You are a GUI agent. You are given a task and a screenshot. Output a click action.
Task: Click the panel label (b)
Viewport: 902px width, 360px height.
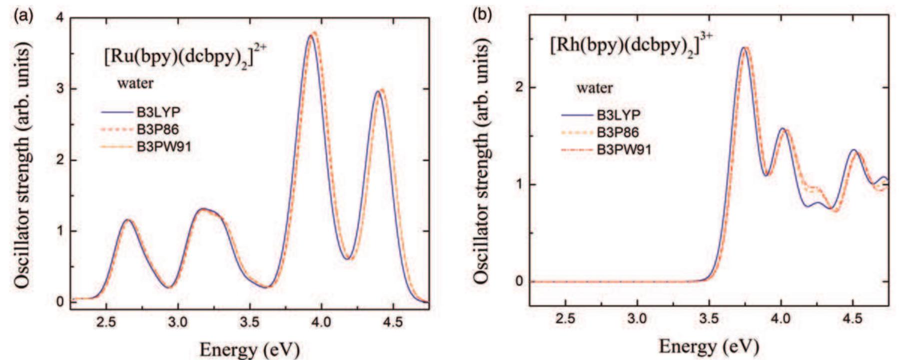click(x=482, y=15)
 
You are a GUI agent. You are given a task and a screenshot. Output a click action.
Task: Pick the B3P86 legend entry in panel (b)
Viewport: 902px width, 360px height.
click(x=618, y=132)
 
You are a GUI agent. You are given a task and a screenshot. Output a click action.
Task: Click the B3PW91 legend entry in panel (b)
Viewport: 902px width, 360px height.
click(x=624, y=149)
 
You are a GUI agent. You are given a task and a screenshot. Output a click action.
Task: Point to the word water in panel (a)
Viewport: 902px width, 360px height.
click(x=135, y=83)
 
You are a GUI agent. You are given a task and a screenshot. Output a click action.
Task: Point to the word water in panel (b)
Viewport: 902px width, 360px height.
click(x=594, y=88)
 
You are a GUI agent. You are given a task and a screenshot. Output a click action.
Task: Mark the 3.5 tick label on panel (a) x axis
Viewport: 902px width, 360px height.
click(x=249, y=322)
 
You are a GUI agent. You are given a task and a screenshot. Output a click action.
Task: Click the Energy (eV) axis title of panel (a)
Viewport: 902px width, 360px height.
click(x=249, y=348)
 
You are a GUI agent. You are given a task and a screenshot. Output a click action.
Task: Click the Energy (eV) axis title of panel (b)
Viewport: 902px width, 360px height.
click(x=708, y=346)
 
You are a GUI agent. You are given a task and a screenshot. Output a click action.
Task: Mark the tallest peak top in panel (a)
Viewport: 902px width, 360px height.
click(x=313, y=33)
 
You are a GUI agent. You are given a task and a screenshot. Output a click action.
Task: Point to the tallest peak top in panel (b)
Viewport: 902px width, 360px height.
click(x=745, y=48)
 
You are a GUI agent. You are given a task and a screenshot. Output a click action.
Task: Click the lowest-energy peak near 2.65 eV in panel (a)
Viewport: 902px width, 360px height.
click(x=128, y=219)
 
